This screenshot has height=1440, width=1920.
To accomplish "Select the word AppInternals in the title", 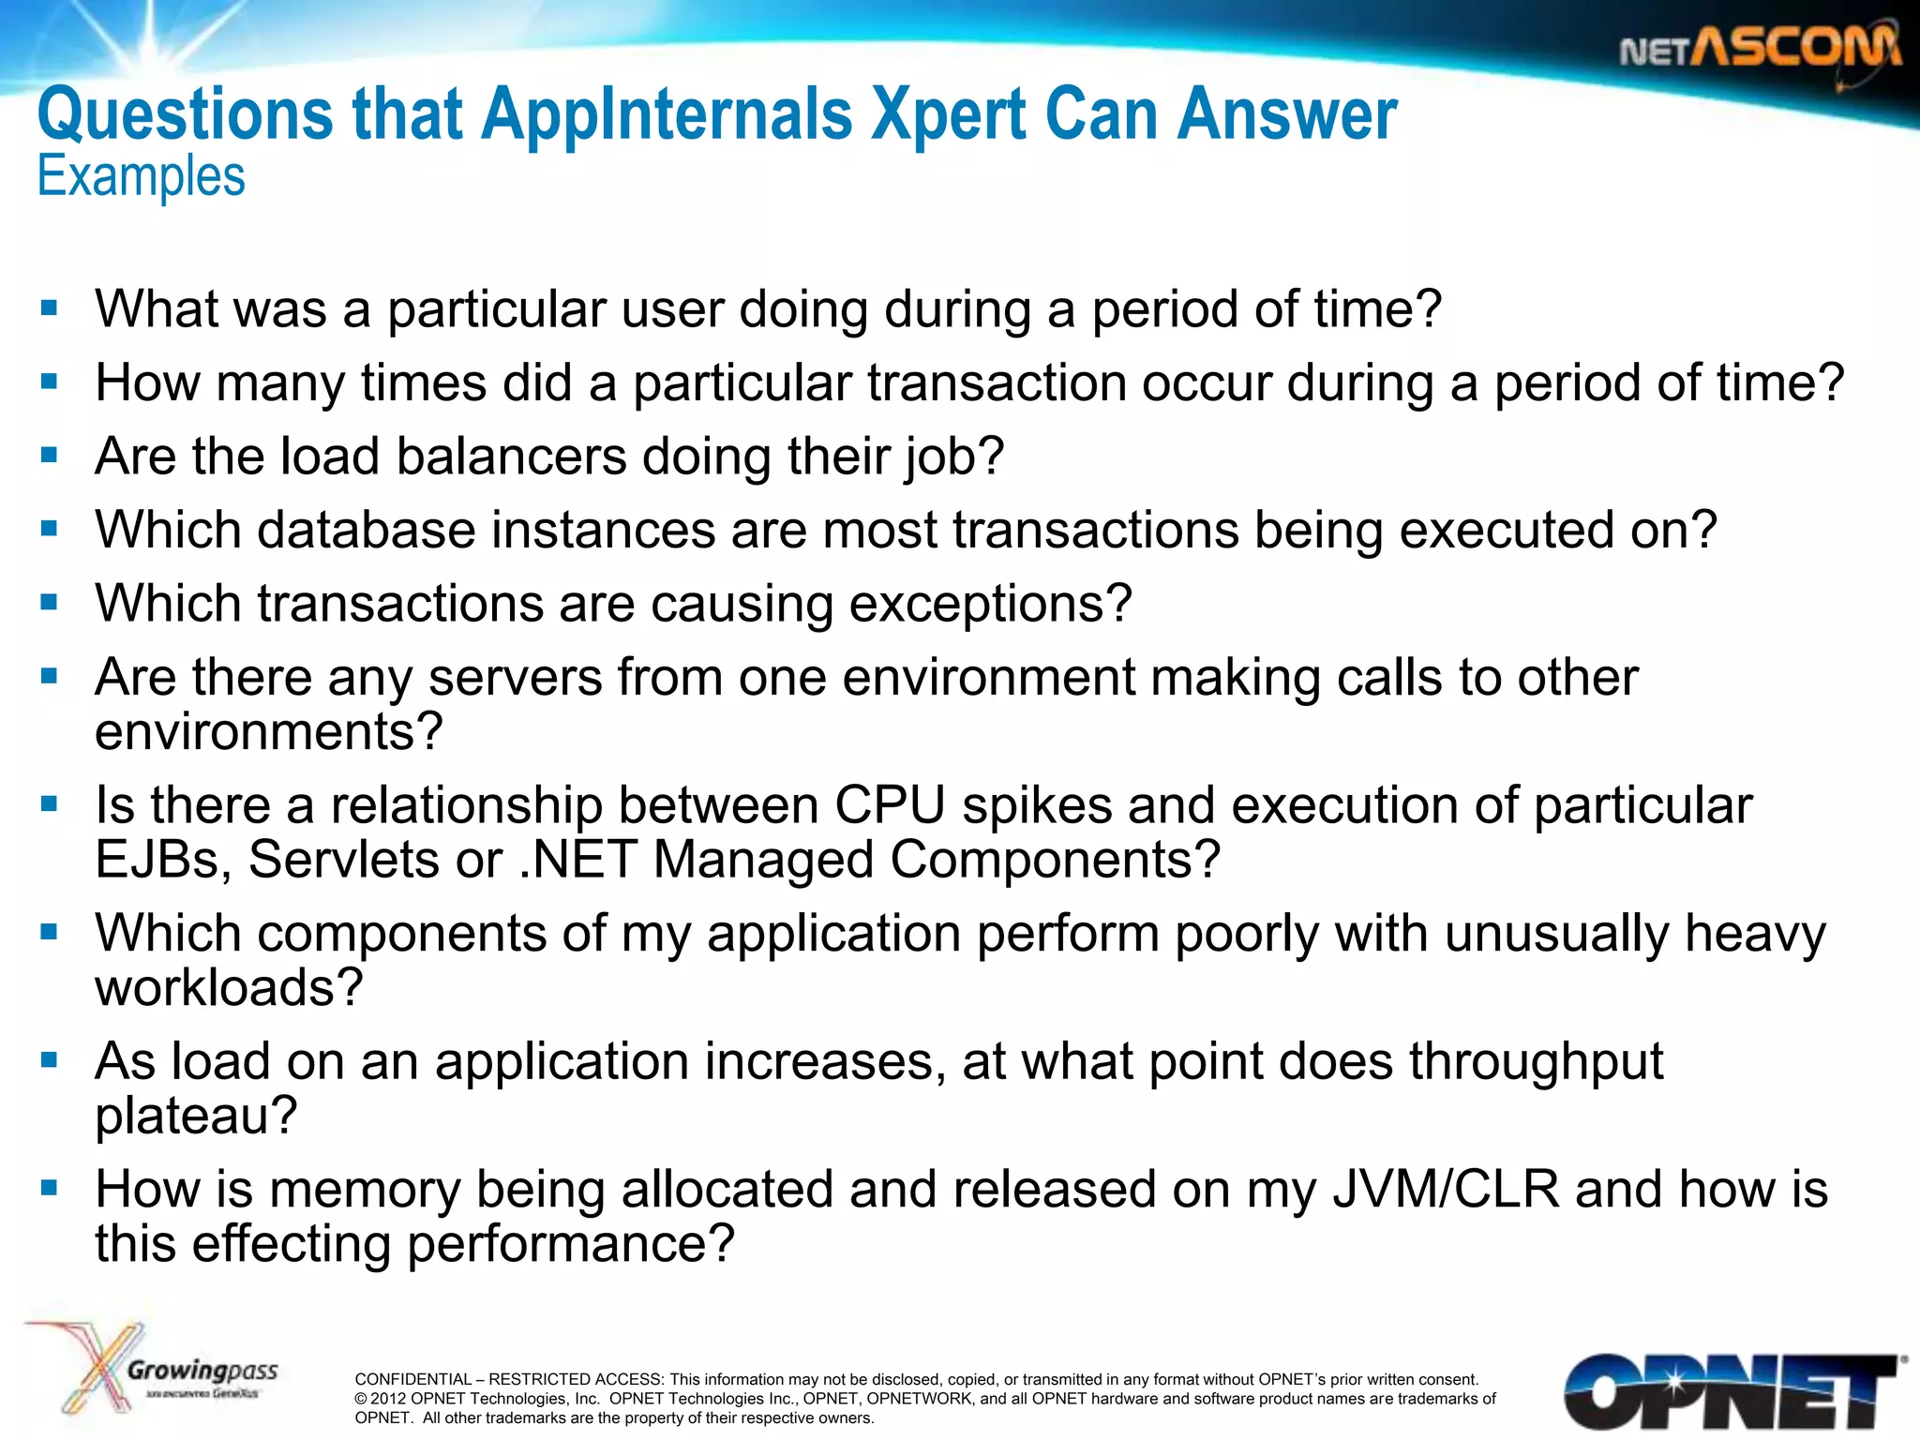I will point(667,115).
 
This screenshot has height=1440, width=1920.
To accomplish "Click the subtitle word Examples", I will point(142,176).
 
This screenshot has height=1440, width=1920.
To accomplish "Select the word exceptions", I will point(990,603).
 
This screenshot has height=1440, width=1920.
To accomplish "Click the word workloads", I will point(229,987).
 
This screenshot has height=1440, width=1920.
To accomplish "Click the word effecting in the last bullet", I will point(290,1244).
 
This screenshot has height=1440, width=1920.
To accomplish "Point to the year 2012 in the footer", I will point(388,1399).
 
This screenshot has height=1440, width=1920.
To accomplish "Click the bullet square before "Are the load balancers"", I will point(50,456).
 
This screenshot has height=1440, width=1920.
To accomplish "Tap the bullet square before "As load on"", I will point(50,1060).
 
